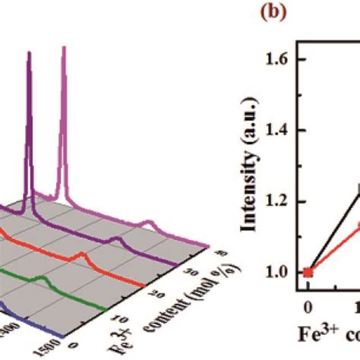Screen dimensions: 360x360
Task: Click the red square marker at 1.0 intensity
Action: (x=308, y=272)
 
